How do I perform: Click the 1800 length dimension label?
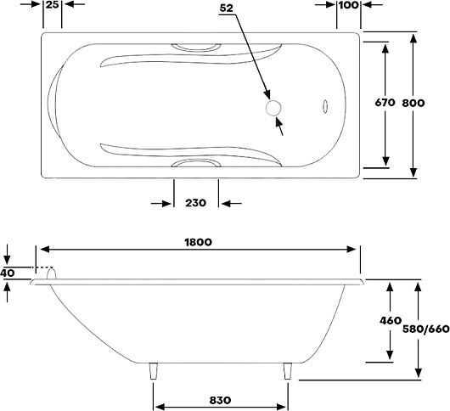click(x=198, y=242)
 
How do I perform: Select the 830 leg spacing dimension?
click(x=220, y=400)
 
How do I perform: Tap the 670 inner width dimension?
click(x=385, y=102)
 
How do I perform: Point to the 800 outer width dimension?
click(x=413, y=103)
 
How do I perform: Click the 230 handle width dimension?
click(x=196, y=203)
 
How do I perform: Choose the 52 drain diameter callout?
click(x=226, y=8)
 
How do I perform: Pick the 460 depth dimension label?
click(x=391, y=320)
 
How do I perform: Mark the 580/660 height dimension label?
click(x=426, y=329)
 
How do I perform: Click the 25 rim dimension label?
click(x=53, y=4)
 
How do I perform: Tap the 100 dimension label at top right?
click(x=349, y=5)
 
